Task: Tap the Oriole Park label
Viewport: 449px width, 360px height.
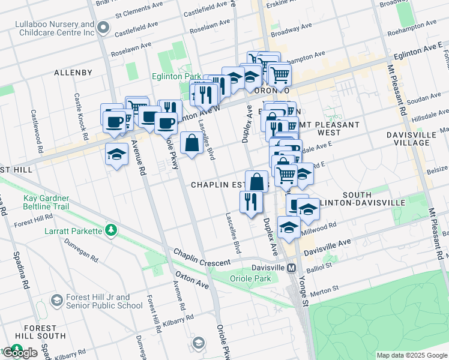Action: [250, 278]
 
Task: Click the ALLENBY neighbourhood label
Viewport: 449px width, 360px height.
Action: [73, 73]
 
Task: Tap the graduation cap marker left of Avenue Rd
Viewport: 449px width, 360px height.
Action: [116, 154]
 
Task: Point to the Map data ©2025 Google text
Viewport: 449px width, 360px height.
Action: [411, 355]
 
